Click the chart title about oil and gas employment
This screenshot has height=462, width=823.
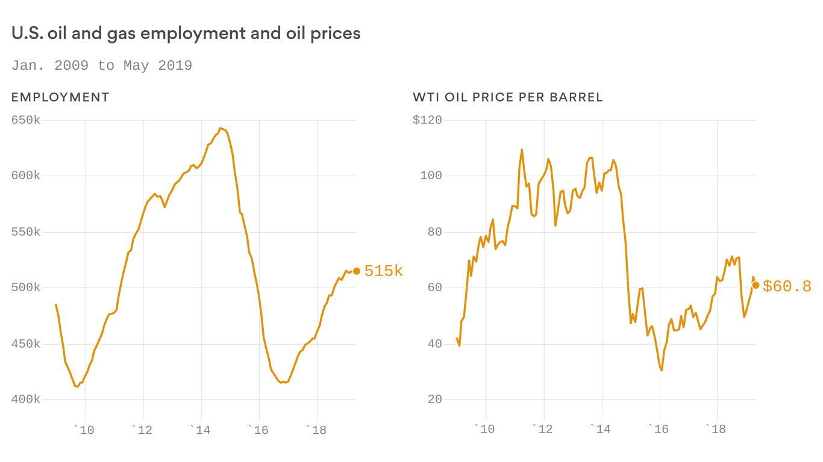pos(186,33)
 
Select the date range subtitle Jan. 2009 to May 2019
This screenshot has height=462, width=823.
pos(102,66)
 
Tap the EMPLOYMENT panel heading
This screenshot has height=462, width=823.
pos(60,97)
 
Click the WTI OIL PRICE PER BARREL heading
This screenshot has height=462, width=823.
pos(507,97)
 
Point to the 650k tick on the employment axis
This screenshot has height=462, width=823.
pos(25,120)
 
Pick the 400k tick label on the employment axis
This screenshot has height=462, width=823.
pos(25,399)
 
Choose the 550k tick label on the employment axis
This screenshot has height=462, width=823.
pos(25,232)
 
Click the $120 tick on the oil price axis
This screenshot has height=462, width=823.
pos(427,120)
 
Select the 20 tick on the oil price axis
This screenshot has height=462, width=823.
pos(434,399)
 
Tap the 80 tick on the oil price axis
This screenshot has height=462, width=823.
pos(434,232)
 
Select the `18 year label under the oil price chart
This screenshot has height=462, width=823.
pos(715,429)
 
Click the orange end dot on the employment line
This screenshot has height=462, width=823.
pos(356,271)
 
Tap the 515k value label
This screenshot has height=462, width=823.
pos(383,271)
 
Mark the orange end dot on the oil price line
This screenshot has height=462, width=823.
pos(756,285)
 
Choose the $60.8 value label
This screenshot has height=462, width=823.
pos(787,286)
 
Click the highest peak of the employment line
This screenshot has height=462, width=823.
pos(220,128)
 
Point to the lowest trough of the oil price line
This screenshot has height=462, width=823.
pos(662,370)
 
